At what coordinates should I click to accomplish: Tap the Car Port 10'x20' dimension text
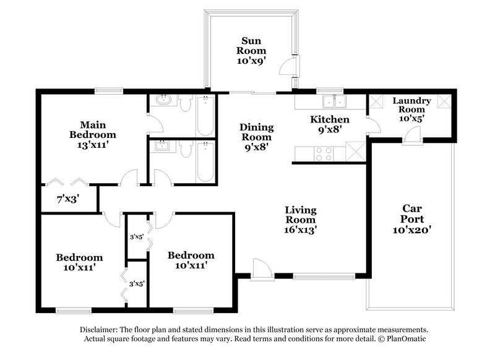point(411,229)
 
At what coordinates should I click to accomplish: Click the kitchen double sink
point(334,101)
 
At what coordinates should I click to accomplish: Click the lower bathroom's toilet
point(186,148)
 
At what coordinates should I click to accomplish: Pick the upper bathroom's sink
point(165,100)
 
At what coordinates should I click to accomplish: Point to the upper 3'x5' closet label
point(136,236)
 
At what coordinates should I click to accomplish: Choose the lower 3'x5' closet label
point(136,283)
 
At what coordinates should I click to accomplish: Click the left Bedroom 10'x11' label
point(79,262)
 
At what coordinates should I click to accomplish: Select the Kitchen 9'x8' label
point(329,124)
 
